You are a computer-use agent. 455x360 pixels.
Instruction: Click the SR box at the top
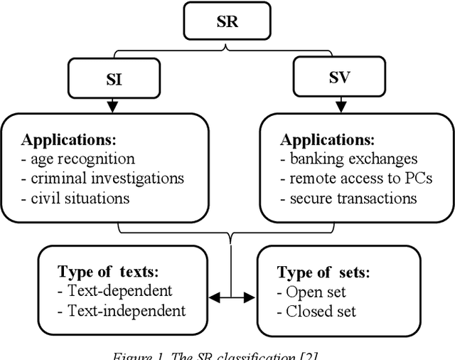(227, 21)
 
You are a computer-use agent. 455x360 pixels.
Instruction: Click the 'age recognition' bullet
(78, 159)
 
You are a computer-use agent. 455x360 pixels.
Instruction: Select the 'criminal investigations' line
(102, 178)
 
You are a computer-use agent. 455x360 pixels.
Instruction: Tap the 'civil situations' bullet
(76, 198)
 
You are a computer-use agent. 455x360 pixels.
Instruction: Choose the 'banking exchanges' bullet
(349, 159)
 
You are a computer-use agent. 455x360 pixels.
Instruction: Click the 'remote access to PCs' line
(356, 178)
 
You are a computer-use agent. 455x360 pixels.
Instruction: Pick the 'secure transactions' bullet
(348, 198)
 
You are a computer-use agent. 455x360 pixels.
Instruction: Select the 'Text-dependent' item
(114, 291)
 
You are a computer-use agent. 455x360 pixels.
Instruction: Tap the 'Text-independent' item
(122, 311)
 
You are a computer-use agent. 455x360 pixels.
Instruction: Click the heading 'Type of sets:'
(323, 272)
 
